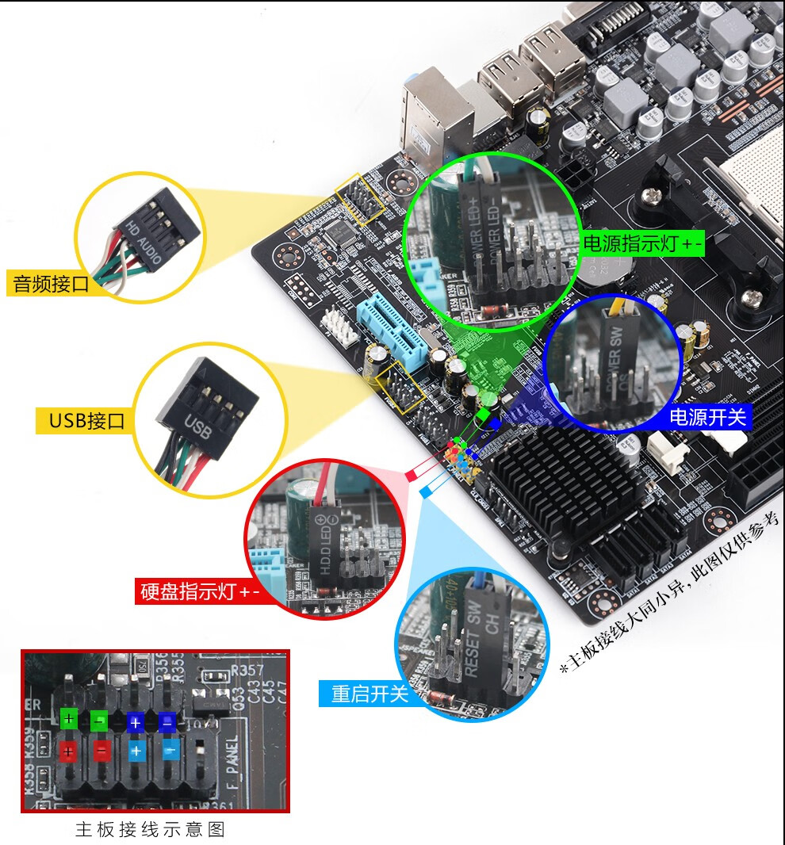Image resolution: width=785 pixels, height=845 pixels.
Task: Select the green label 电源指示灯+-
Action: point(641,244)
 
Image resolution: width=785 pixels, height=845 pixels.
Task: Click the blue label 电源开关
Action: point(707,417)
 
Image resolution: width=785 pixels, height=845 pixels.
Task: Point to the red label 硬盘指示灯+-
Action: point(199,591)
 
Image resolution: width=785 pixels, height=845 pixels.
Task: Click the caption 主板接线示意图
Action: point(151,830)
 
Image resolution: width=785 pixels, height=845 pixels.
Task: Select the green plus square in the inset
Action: point(69,720)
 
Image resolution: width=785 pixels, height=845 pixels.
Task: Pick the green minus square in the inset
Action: point(100,721)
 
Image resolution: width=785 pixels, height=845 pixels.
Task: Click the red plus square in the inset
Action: point(68,751)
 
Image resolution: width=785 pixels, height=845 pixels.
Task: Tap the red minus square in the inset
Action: point(101,751)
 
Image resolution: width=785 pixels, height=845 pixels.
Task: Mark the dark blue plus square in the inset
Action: point(136,722)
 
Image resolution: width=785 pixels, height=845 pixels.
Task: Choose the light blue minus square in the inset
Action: point(170,751)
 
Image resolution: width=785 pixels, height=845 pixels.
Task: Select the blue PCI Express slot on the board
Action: point(392,329)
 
